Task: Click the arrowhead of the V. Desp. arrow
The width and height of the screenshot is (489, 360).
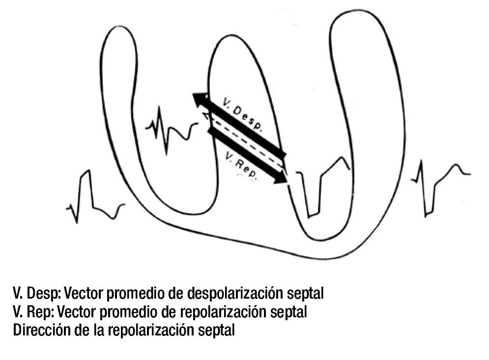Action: pos(199,100)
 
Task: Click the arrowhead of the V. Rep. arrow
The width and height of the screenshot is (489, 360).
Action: pos(281,177)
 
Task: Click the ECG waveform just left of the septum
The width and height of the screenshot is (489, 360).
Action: pos(170,129)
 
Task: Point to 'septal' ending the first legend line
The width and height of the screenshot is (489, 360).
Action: pos(308,294)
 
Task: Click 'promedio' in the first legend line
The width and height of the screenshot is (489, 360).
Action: pos(141,294)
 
